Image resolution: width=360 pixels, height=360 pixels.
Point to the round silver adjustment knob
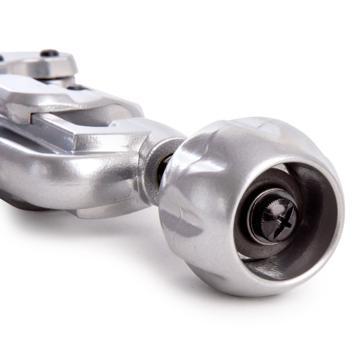tap(216, 170)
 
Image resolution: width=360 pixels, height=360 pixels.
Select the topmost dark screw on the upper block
tap(49, 53)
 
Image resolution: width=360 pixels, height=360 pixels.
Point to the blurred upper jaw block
tap(41, 64)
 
